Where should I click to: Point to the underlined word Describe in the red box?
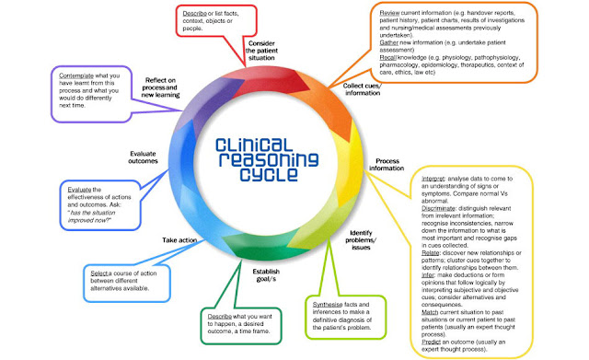pos(193,15)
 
